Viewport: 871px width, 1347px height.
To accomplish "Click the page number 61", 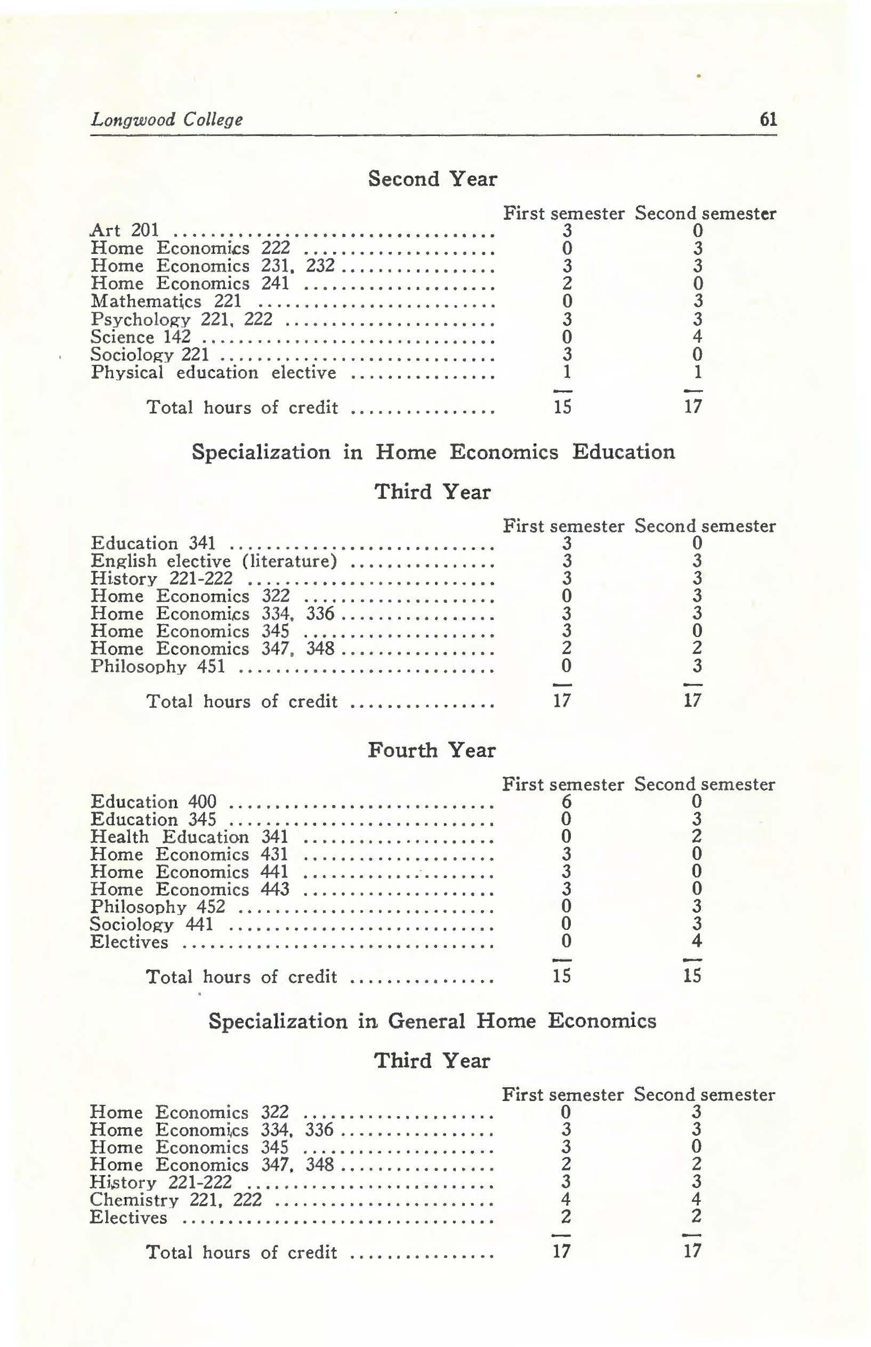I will (x=768, y=119).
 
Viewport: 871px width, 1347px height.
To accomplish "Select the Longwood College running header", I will (x=167, y=120).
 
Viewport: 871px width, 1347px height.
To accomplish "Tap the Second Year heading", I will (x=433, y=179).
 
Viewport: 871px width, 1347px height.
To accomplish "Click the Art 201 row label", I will (x=125, y=230).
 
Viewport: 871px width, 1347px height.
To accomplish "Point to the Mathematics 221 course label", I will (x=166, y=301).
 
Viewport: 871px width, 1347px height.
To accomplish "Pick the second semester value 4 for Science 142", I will (x=697, y=337).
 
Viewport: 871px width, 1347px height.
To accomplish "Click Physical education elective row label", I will (x=214, y=373).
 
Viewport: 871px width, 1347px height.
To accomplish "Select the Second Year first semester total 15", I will (x=562, y=407).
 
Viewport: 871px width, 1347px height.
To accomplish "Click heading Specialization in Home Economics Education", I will (x=433, y=452).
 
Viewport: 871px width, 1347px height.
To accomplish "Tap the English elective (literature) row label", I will (x=214, y=561).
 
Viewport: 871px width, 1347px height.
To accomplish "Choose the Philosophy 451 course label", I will (x=158, y=667).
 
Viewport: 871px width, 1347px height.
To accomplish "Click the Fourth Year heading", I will (x=432, y=751).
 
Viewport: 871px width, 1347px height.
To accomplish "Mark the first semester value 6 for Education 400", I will (x=566, y=802).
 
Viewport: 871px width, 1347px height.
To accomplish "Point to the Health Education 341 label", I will (x=189, y=837).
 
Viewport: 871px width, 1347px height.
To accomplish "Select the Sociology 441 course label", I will (x=151, y=925).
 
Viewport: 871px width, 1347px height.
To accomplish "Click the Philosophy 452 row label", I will (x=158, y=907).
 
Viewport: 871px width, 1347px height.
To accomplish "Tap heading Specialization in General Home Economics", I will (x=432, y=1021).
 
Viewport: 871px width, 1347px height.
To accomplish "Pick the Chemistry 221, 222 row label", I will (x=176, y=1199).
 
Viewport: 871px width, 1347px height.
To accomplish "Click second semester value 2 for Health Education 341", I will (x=697, y=836).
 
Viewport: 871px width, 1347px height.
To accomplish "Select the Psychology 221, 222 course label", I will (x=182, y=319).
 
